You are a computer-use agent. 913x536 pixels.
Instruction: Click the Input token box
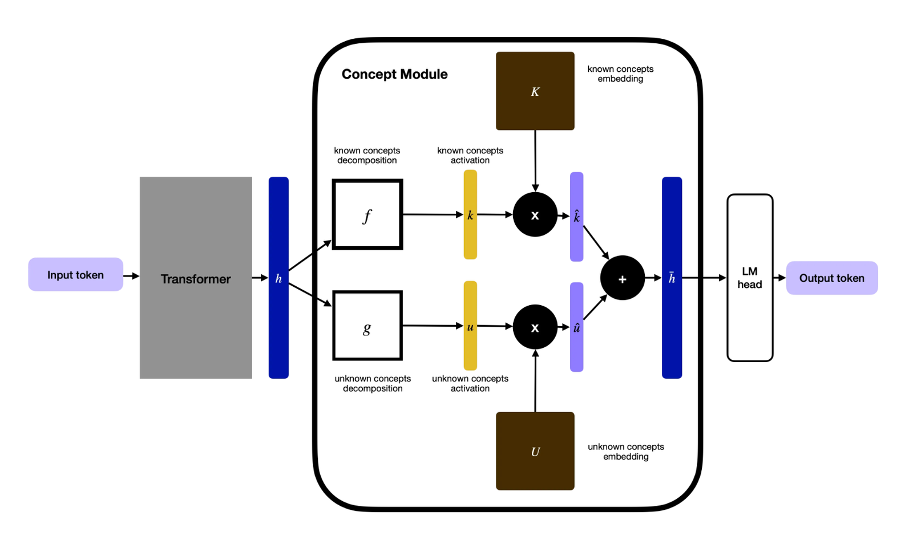point(75,274)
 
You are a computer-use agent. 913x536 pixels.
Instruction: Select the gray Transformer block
point(196,278)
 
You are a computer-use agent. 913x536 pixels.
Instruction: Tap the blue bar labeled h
point(278,278)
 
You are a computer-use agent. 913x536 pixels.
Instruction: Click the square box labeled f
point(367,214)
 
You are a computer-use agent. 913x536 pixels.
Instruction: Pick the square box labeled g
point(367,326)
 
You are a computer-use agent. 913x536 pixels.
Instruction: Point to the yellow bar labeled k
point(470,214)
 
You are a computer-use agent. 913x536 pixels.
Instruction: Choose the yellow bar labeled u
point(470,326)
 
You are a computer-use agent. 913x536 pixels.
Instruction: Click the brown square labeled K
point(535,91)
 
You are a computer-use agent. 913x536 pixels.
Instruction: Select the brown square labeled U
point(535,450)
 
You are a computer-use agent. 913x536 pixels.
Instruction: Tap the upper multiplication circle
point(535,214)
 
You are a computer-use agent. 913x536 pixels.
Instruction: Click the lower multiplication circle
point(535,327)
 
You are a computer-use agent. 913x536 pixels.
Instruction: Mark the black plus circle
point(622,278)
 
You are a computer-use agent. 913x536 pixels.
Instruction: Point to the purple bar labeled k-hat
point(576,217)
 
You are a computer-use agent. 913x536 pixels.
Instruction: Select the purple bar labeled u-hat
point(576,327)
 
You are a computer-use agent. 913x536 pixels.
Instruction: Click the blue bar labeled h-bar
point(672,278)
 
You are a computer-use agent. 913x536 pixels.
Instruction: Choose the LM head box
point(750,278)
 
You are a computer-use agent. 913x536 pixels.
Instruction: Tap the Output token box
point(831,278)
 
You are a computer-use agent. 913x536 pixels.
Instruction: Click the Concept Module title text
point(394,74)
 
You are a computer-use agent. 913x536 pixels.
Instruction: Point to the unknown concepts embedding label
point(625,451)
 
